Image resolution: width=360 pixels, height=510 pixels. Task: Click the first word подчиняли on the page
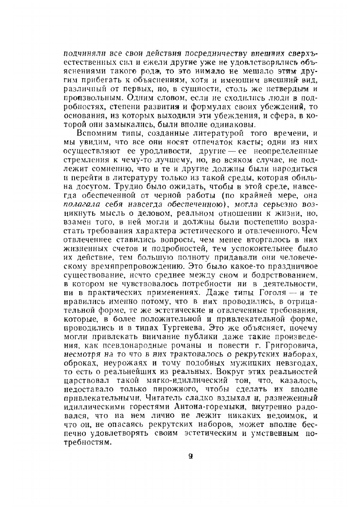81,54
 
